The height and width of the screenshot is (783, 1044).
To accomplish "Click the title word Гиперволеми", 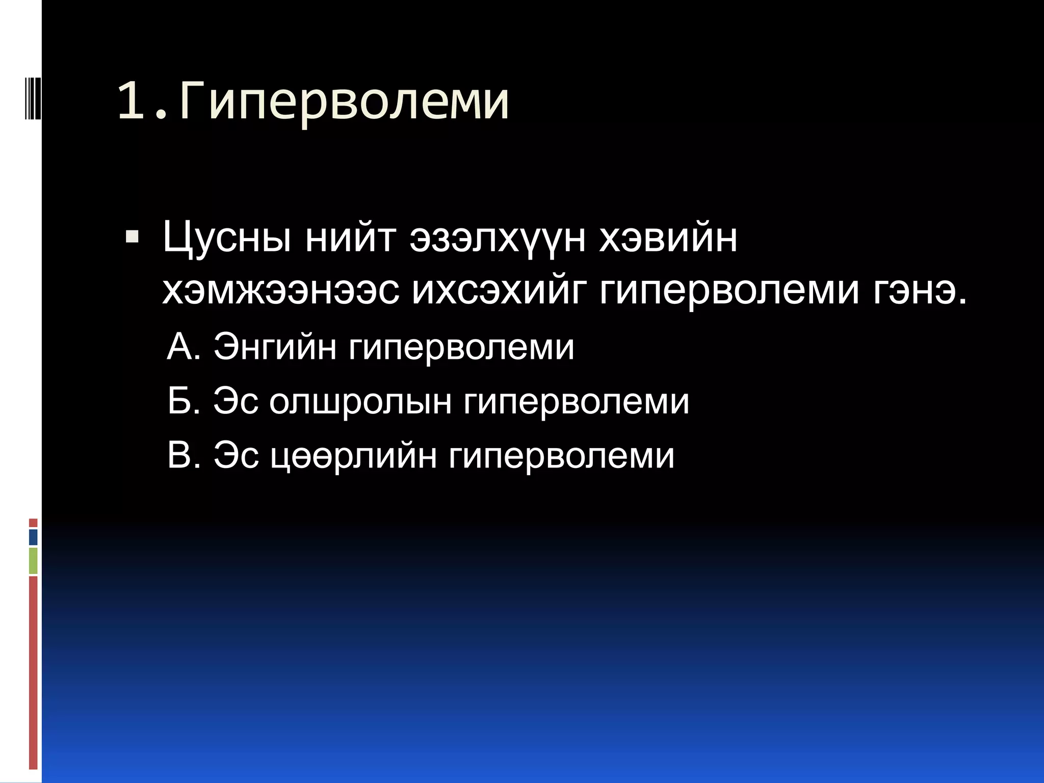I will (345, 102).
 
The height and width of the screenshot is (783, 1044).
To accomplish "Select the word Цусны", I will (227, 239).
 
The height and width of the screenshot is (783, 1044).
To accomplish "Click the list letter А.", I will (181, 347).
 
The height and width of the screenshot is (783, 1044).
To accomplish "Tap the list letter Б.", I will (182, 401).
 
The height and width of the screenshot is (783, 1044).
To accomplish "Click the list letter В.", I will (182, 455).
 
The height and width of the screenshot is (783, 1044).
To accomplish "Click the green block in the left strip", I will (33, 561).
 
